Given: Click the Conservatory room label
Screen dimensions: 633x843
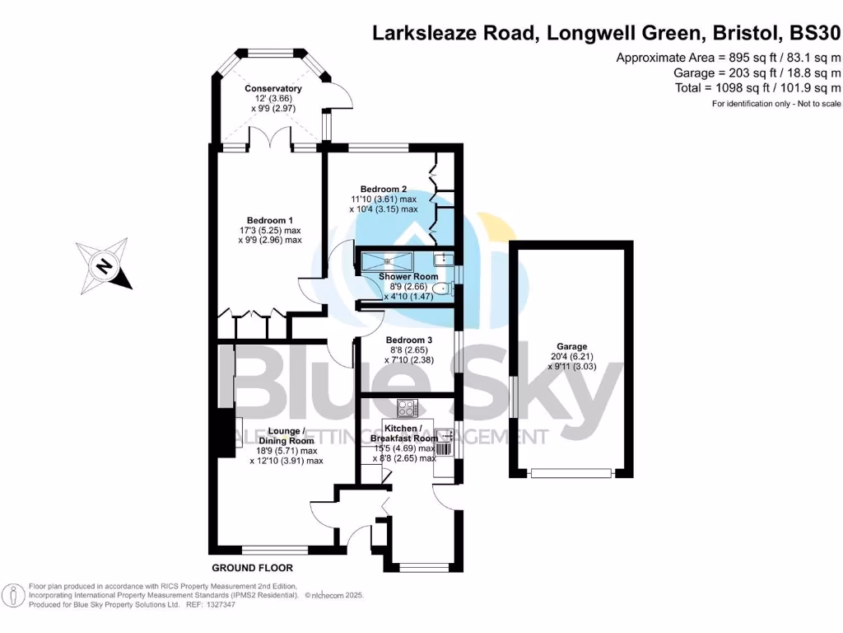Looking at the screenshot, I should point(273,88).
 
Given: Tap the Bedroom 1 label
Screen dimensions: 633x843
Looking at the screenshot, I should point(270,220).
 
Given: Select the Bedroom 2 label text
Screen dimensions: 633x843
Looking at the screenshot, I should point(384,189).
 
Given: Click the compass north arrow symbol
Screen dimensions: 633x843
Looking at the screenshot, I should point(104,265).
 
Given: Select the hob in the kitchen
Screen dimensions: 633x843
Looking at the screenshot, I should point(408,408).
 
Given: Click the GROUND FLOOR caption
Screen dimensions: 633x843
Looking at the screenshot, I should point(252,568).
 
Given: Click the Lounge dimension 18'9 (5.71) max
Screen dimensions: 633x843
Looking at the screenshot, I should point(285,451).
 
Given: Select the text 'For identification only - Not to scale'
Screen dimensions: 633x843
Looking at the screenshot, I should point(776,104).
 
